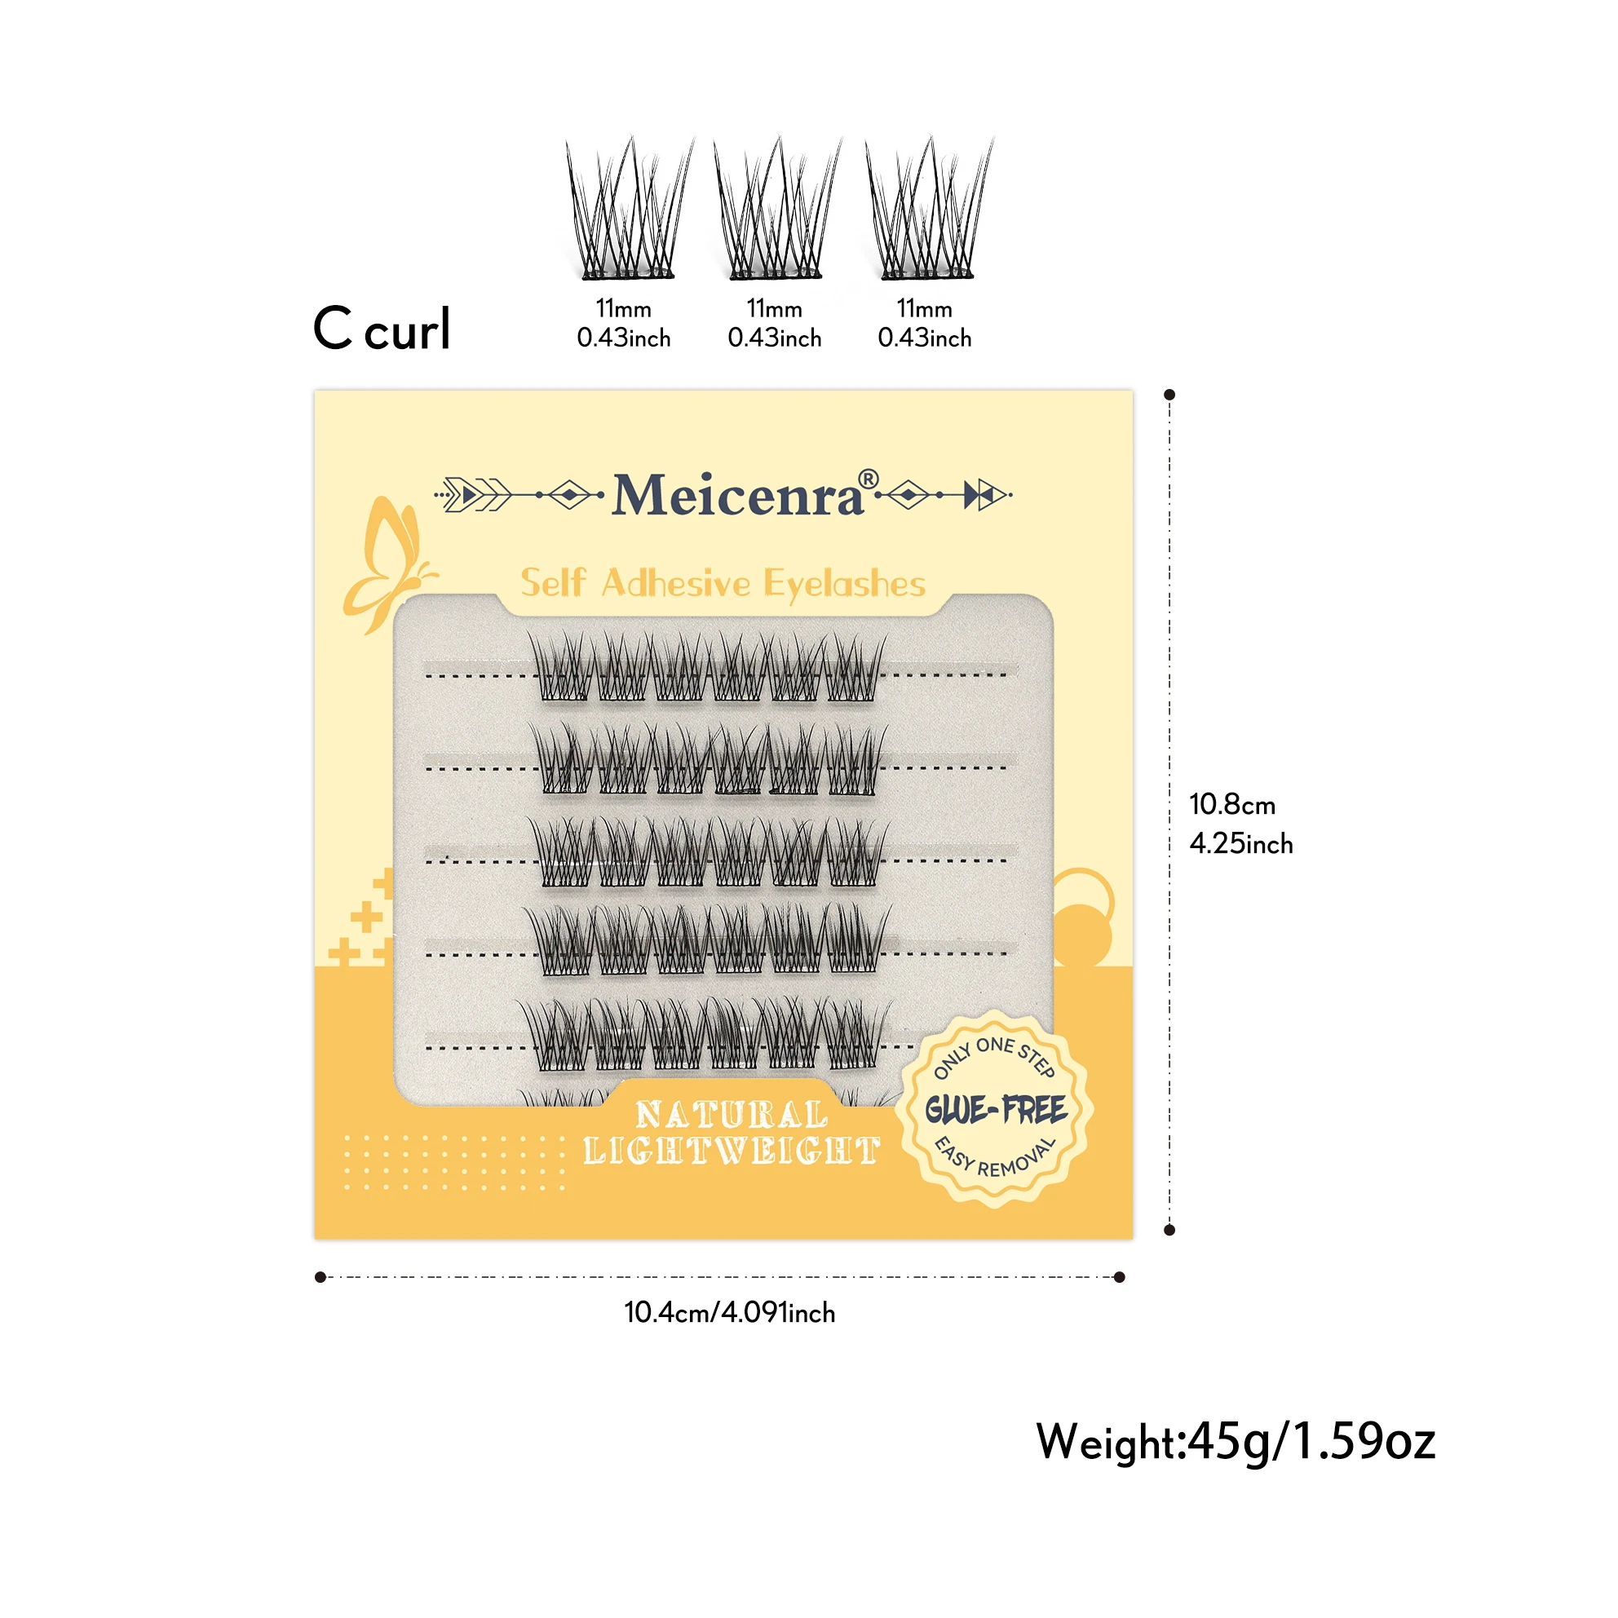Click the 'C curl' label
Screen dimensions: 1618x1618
coord(382,329)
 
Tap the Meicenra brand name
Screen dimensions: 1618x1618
coord(737,496)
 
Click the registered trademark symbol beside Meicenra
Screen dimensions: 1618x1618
coord(869,479)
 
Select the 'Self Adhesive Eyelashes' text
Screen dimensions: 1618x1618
coord(723,583)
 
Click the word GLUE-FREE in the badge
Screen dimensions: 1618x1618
coord(995,1111)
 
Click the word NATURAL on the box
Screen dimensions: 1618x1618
coord(731,1115)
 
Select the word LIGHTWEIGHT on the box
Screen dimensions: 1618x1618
coord(731,1152)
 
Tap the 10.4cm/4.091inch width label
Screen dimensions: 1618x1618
coord(729,1312)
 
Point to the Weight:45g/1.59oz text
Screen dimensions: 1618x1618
coord(1236,1442)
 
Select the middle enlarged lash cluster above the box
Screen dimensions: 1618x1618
coord(776,210)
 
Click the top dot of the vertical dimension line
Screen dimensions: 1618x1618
coord(1170,395)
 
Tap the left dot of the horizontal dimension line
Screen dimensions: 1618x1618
coord(320,1277)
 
